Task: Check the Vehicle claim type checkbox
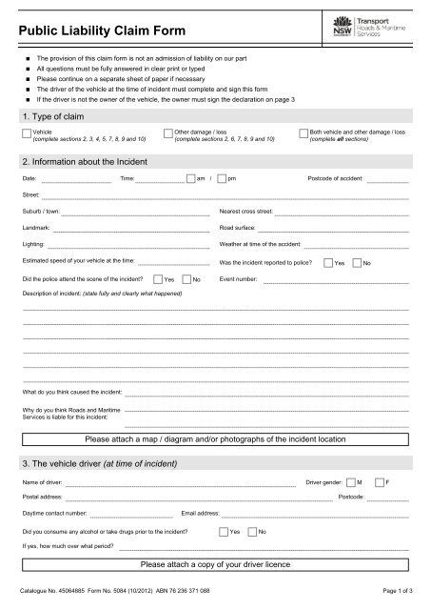[27, 132]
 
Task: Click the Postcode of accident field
[388, 179]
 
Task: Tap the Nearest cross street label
[246, 208]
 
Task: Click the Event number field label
[238, 279]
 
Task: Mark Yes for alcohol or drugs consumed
[224, 530]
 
